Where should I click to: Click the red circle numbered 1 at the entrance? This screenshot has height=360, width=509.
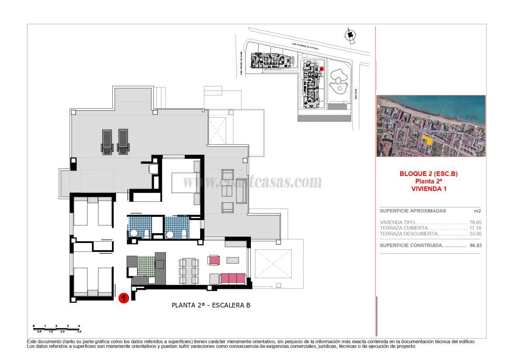point(123,298)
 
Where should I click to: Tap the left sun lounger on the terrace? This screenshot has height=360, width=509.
point(107,141)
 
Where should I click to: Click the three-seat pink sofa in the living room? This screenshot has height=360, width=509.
point(233,278)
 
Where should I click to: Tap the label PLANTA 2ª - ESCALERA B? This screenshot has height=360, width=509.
point(211,305)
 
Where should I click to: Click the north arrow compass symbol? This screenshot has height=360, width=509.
point(349,36)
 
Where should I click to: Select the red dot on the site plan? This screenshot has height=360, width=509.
point(322,69)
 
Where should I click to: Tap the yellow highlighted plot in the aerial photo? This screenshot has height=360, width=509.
point(429,140)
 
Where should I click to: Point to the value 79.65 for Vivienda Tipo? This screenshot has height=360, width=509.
point(475,222)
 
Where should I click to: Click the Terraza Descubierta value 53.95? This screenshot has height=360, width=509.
point(475,234)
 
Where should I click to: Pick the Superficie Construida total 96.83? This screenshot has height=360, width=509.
point(475,246)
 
